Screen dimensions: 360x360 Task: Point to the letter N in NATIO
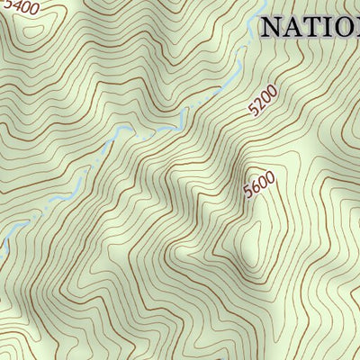(273, 26)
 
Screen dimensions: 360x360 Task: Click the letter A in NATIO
(295, 26)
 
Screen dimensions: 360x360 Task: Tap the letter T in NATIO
(314, 26)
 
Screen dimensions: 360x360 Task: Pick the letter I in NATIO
(329, 26)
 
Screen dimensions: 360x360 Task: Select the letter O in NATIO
(348, 26)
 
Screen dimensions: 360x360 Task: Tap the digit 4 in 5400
(15, 7)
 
